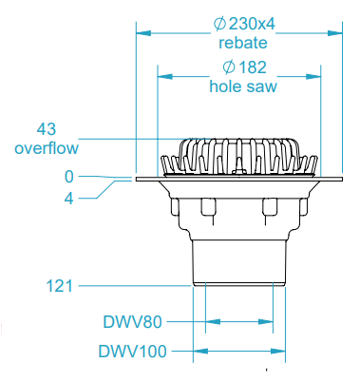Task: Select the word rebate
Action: (241, 43)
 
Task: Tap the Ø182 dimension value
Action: (242, 67)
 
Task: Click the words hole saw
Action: (242, 86)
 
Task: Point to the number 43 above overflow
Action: (47, 128)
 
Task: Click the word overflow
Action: (47, 147)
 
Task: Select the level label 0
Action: (68, 177)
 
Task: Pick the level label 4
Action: (68, 198)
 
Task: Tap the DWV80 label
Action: (135, 321)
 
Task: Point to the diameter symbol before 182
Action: (228, 67)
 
